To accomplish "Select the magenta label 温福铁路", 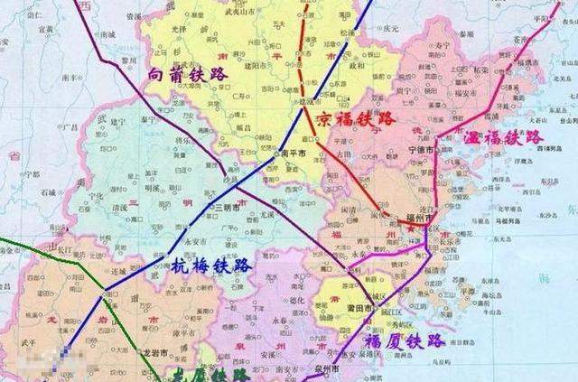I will pyautogui.click(x=504, y=138).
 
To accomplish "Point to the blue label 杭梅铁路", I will pyautogui.click(x=210, y=266).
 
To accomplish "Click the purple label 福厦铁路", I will pyautogui.click(x=404, y=342).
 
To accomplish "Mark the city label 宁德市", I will pyautogui.click(x=401, y=150).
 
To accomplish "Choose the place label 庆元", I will pyautogui.click(x=390, y=28).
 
